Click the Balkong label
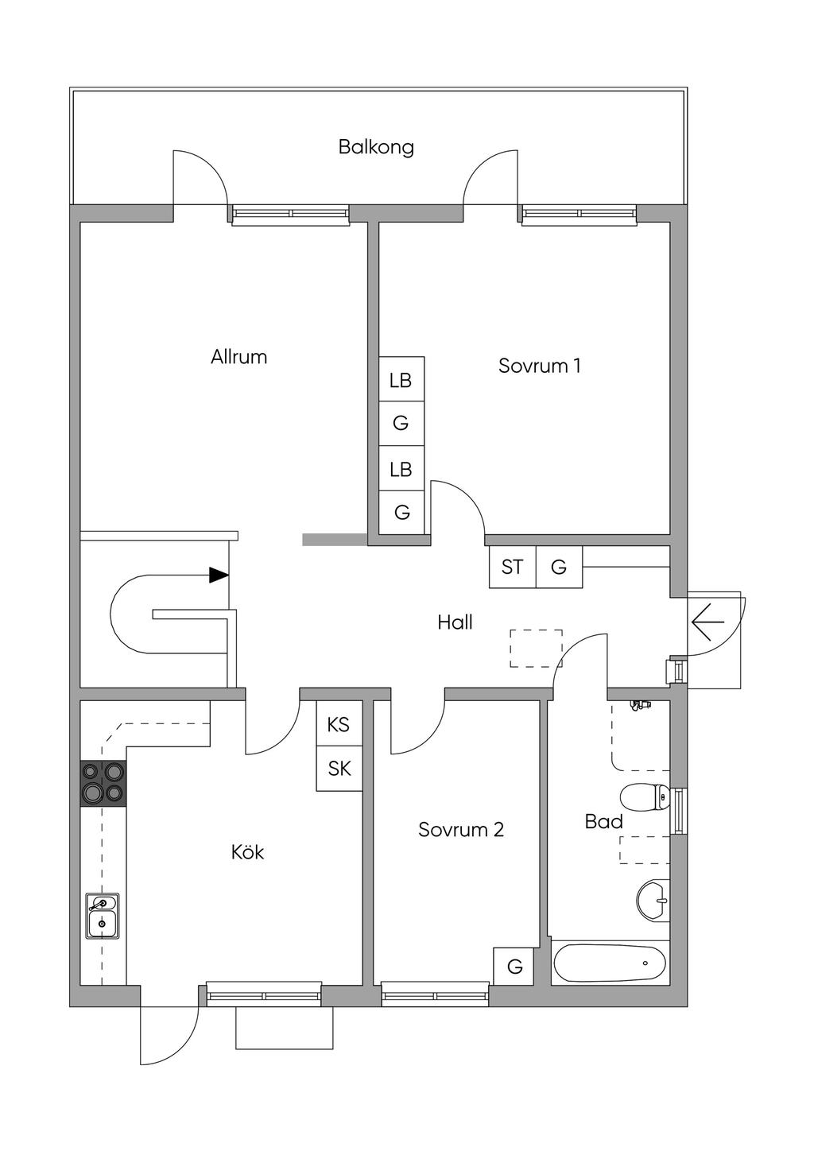376,147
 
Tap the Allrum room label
238,357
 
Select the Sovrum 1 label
539,366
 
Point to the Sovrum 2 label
461,830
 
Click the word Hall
455,622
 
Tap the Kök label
247,853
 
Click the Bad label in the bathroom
603,822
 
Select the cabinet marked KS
339,724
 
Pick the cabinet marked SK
339,769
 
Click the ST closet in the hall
513,567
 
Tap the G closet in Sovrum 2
515,967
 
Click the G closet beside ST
559,567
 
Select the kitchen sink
103,916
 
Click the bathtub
610,963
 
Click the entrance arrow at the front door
707,622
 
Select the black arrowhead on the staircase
219,575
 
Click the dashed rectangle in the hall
536,648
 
